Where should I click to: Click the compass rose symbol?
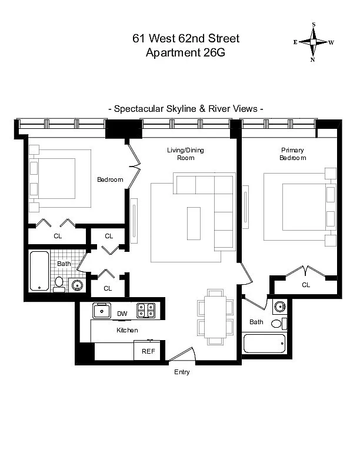(314, 42)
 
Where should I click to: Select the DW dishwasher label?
(122, 313)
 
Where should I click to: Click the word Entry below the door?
(182, 372)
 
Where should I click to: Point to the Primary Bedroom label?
(292, 154)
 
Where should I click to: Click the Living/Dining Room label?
(185, 154)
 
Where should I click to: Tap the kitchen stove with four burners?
(145, 310)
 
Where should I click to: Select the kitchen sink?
(102, 310)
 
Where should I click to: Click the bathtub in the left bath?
(39, 271)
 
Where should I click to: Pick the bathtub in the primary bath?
(264, 344)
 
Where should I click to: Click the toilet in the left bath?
(59, 284)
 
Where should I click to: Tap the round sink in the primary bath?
(280, 307)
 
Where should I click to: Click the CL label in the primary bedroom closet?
(306, 285)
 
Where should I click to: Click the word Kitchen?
(127, 330)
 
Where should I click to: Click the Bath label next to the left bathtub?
(64, 264)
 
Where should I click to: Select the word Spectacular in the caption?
(141, 109)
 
